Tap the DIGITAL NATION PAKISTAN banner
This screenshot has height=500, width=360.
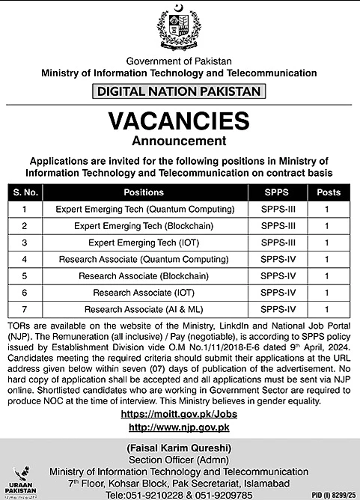pyautogui.click(x=179, y=92)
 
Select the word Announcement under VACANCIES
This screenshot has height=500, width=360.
pyautogui.click(x=179, y=140)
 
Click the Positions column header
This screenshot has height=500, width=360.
pyautogui.click(x=150, y=192)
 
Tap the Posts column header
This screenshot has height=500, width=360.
pyautogui.click(x=327, y=192)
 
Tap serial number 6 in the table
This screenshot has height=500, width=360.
pyautogui.click(x=25, y=293)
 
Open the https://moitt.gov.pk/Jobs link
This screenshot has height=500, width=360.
pyautogui.click(x=179, y=413)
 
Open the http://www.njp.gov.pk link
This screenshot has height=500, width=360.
pyautogui.click(x=179, y=427)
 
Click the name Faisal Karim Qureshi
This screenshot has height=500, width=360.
pyautogui.click(x=179, y=448)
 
